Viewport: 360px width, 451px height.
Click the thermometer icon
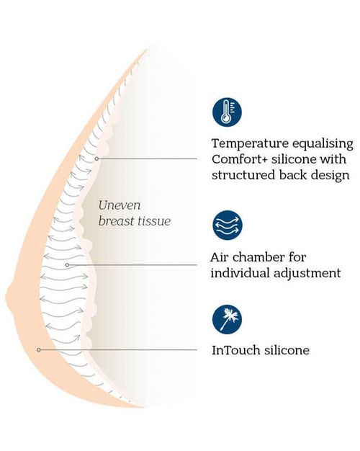pyautogui.click(x=227, y=112)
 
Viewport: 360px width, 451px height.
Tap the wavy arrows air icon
pyautogui.click(x=227, y=225)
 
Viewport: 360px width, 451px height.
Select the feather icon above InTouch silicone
pyautogui.click(x=227, y=319)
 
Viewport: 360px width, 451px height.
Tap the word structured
pyautogui.click(x=243, y=176)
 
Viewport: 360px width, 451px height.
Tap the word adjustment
pyautogui.click(x=307, y=273)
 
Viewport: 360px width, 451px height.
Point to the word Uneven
pyautogui.click(x=120, y=205)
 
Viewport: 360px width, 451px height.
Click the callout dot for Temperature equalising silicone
pyautogui.click(x=96, y=158)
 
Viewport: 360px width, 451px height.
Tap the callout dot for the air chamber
pyautogui.click(x=67, y=264)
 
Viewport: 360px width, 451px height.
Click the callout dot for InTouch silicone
pyautogui.click(x=39, y=349)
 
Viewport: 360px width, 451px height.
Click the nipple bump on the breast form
pyautogui.click(x=10, y=297)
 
